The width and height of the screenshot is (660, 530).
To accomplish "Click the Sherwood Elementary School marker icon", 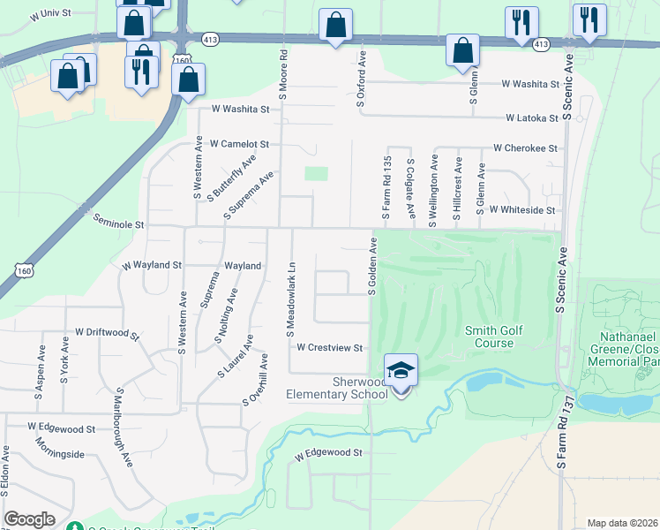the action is (x=401, y=370).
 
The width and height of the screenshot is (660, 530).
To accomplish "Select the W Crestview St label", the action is (x=330, y=348).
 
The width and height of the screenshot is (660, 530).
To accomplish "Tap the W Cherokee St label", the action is (x=526, y=148).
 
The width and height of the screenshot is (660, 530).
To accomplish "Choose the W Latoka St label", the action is (x=532, y=117).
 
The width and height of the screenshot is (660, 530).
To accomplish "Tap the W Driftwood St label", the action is (x=108, y=332).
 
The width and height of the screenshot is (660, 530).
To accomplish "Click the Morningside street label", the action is (x=56, y=454).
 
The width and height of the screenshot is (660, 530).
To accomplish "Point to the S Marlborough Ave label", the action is (x=124, y=425).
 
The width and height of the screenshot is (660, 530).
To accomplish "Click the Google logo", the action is (x=30, y=519).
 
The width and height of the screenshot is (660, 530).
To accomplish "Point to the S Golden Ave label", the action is (x=372, y=265).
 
